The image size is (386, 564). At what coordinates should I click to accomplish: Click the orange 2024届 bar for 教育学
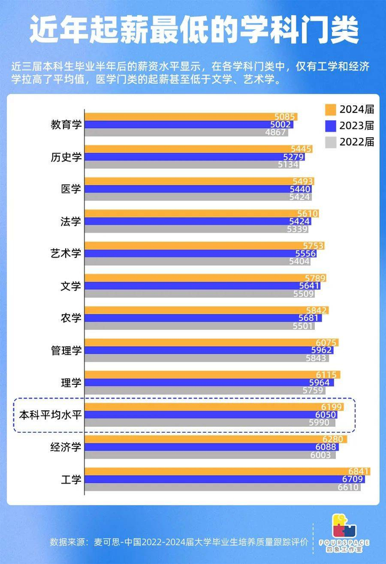(x=191, y=116)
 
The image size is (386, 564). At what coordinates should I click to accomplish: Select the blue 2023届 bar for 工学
(x=225, y=479)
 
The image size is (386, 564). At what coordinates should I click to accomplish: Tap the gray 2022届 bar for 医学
(x=198, y=197)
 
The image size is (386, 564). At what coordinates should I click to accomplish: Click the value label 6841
(x=358, y=471)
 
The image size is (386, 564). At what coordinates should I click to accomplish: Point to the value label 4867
(x=276, y=132)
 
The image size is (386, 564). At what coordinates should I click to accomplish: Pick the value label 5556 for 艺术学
(x=305, y=254)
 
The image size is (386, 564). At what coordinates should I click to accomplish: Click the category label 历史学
(x=66, y=157)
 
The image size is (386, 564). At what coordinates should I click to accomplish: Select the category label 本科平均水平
(x=50, y=415)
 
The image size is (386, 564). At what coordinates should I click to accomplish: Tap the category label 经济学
(x=66, y=447)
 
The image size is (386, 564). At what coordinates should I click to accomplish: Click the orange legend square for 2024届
(x=331, y=109)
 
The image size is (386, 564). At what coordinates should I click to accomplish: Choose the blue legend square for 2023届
(x=331, y=126)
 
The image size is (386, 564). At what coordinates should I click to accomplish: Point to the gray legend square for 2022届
(x=331, y=142)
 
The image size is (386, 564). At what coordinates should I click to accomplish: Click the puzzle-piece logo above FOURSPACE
(x=344, y=525)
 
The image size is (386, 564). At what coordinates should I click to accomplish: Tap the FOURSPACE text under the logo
(x=344, y=542)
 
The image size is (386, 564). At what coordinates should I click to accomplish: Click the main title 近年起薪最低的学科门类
(x=194, y=29)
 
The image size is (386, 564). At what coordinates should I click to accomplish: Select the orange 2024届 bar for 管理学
(x=212, y=342)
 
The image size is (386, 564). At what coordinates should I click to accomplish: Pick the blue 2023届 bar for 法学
(x=198, y=221)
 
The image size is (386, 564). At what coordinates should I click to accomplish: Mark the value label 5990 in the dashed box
(x=319, y=423)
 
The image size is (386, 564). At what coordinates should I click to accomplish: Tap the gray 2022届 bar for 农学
(x=200, y=326)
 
